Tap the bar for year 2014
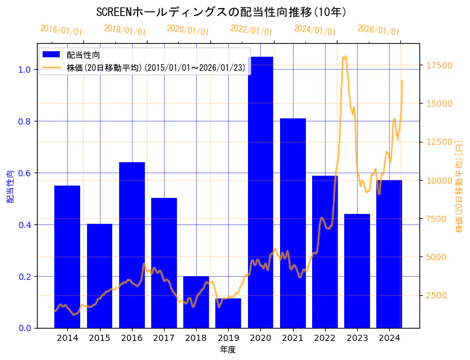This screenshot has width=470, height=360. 67,256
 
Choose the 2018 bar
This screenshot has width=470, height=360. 196,302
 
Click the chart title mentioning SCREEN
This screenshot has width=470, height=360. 221,12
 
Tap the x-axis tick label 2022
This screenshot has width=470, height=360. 325,338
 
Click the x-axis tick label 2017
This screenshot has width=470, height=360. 164,338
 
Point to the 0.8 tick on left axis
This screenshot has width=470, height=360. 24,121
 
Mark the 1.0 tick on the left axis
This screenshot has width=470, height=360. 24,70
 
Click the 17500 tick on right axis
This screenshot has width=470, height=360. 440,65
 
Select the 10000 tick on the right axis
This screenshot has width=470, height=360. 440,181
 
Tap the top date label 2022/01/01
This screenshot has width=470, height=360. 251,30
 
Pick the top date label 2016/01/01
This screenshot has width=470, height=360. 61,30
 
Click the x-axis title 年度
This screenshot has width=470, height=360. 228,350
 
